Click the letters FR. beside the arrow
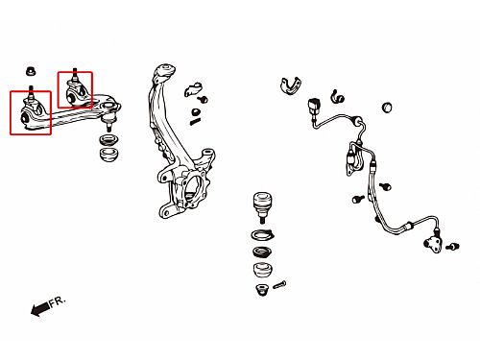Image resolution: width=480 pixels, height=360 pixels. (58, 301)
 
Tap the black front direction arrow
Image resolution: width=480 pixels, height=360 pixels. (40, 308)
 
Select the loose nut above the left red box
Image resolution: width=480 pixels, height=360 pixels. (31, 71)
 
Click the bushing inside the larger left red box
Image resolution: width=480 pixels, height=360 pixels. (25, 118)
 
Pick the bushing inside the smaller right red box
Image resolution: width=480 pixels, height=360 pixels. (71, 95)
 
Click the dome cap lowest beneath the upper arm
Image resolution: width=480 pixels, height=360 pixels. (109, 155)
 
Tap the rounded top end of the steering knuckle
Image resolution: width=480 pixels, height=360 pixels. (165, 71)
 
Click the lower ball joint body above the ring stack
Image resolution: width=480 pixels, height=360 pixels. (263, 204)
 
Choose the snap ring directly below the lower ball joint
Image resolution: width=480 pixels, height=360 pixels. (263, 235)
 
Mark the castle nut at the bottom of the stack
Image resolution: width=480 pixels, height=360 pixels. (263, 290)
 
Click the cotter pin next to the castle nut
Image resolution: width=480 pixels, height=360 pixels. (279, 285)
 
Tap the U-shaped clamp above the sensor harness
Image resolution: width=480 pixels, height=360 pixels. (291, 85)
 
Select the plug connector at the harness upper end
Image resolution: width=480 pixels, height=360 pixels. (313, 106)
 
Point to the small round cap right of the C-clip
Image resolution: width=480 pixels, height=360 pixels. (387, 108)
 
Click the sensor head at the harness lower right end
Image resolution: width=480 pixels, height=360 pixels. (433, 244)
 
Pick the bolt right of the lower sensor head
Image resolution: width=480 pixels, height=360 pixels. (452, 247)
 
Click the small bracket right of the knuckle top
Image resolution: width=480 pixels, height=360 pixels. (192, 89)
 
